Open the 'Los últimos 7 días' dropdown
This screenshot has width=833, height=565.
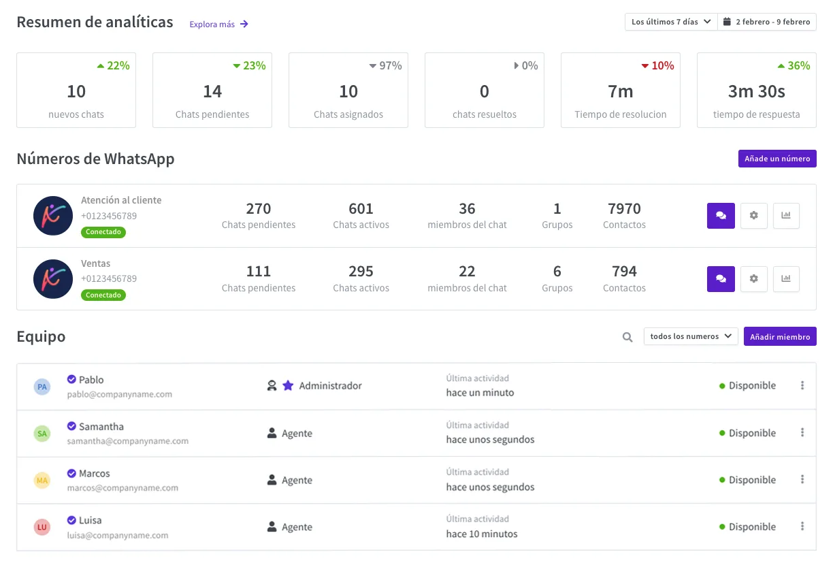pos(671,22)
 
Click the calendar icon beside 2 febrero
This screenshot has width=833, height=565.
pos(727,22)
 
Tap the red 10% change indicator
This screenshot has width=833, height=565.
pos(657,65)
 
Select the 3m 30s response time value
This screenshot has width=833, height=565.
pos(756,91)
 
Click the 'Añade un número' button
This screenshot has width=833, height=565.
pos(777,159)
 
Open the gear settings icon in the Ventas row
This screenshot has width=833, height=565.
pos(754,278)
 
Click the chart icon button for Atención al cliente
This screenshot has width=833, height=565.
pos(786,215)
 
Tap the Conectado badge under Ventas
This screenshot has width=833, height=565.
pos(103,295)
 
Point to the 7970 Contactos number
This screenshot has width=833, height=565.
pos(624,209)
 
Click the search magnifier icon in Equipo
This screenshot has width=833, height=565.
pos(627,337)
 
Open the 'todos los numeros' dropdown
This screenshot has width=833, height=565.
pos(691,336)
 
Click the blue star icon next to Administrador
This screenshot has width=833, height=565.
pos(288,385)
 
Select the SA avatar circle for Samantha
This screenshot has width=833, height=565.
pos(42,434)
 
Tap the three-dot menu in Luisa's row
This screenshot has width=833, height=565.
pos(802,526)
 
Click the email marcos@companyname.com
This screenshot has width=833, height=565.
pos(122,487)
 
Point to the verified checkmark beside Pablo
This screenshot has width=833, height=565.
pos(71,379)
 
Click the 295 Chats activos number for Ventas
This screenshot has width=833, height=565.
pos(361,272)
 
